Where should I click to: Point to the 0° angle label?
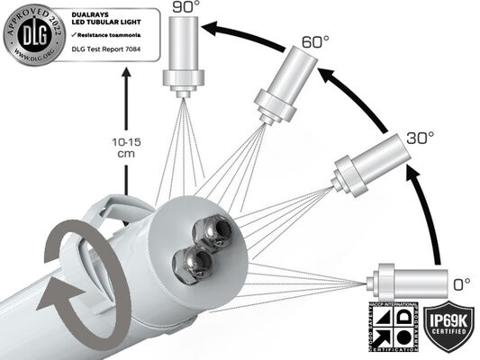tap(461, 283)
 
